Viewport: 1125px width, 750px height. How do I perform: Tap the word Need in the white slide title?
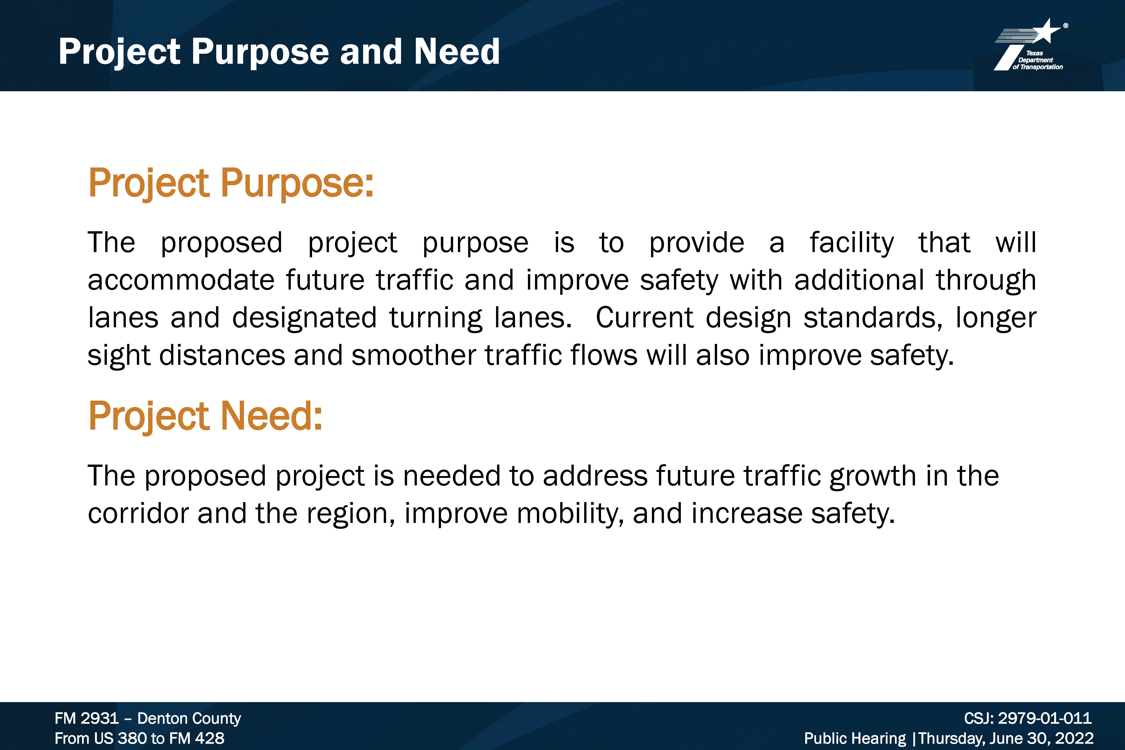pyautogui.click(x=457, y=52)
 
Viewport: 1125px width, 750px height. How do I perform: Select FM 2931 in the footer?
pyautogui.click(x=87, y=718)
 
